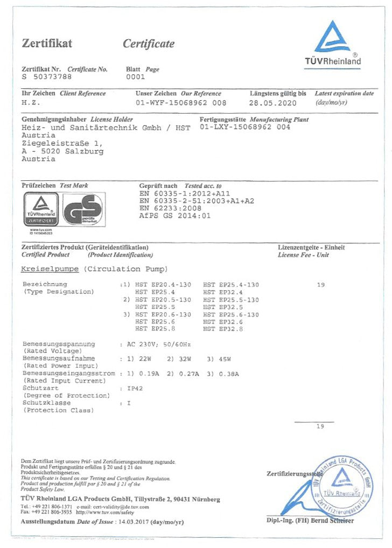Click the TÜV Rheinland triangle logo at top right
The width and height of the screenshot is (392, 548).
(332, 38)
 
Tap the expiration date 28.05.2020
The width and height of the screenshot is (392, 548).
(273, 102)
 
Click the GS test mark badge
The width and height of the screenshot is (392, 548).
(82, 210)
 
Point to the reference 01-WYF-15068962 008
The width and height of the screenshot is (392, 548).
(181, 102)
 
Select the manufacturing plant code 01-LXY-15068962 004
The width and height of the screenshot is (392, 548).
(244, 128)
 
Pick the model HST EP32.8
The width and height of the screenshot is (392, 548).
(223, 328)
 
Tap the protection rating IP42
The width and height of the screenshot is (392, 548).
(134, 388)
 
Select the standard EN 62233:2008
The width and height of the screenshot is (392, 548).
(170, 208)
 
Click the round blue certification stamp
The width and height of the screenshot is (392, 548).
(342, 481)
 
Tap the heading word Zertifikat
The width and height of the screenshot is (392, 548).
(47, 44)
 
